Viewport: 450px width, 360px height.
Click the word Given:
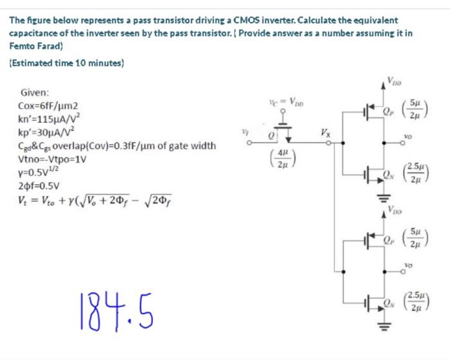coord(35,93)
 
